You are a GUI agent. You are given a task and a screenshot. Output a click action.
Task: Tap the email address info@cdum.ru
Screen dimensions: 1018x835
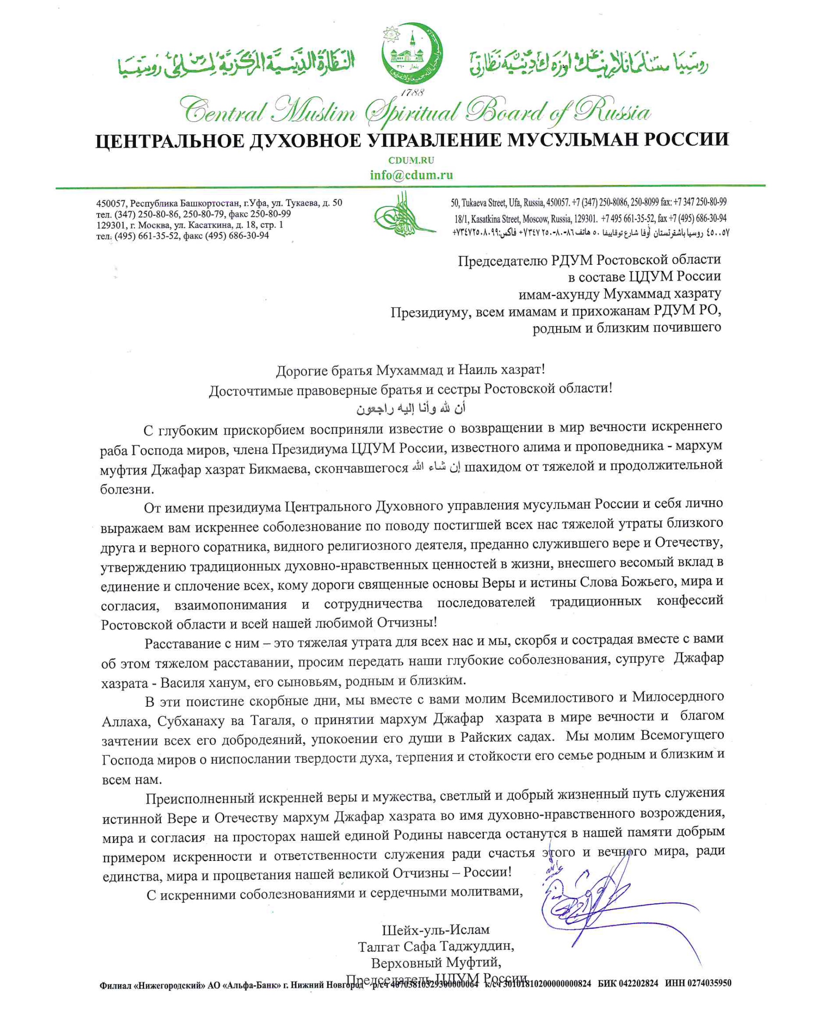411,175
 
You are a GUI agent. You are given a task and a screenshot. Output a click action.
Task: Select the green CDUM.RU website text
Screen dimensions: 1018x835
411,160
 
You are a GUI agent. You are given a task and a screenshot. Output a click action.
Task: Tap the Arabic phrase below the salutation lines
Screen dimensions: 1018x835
411,409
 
